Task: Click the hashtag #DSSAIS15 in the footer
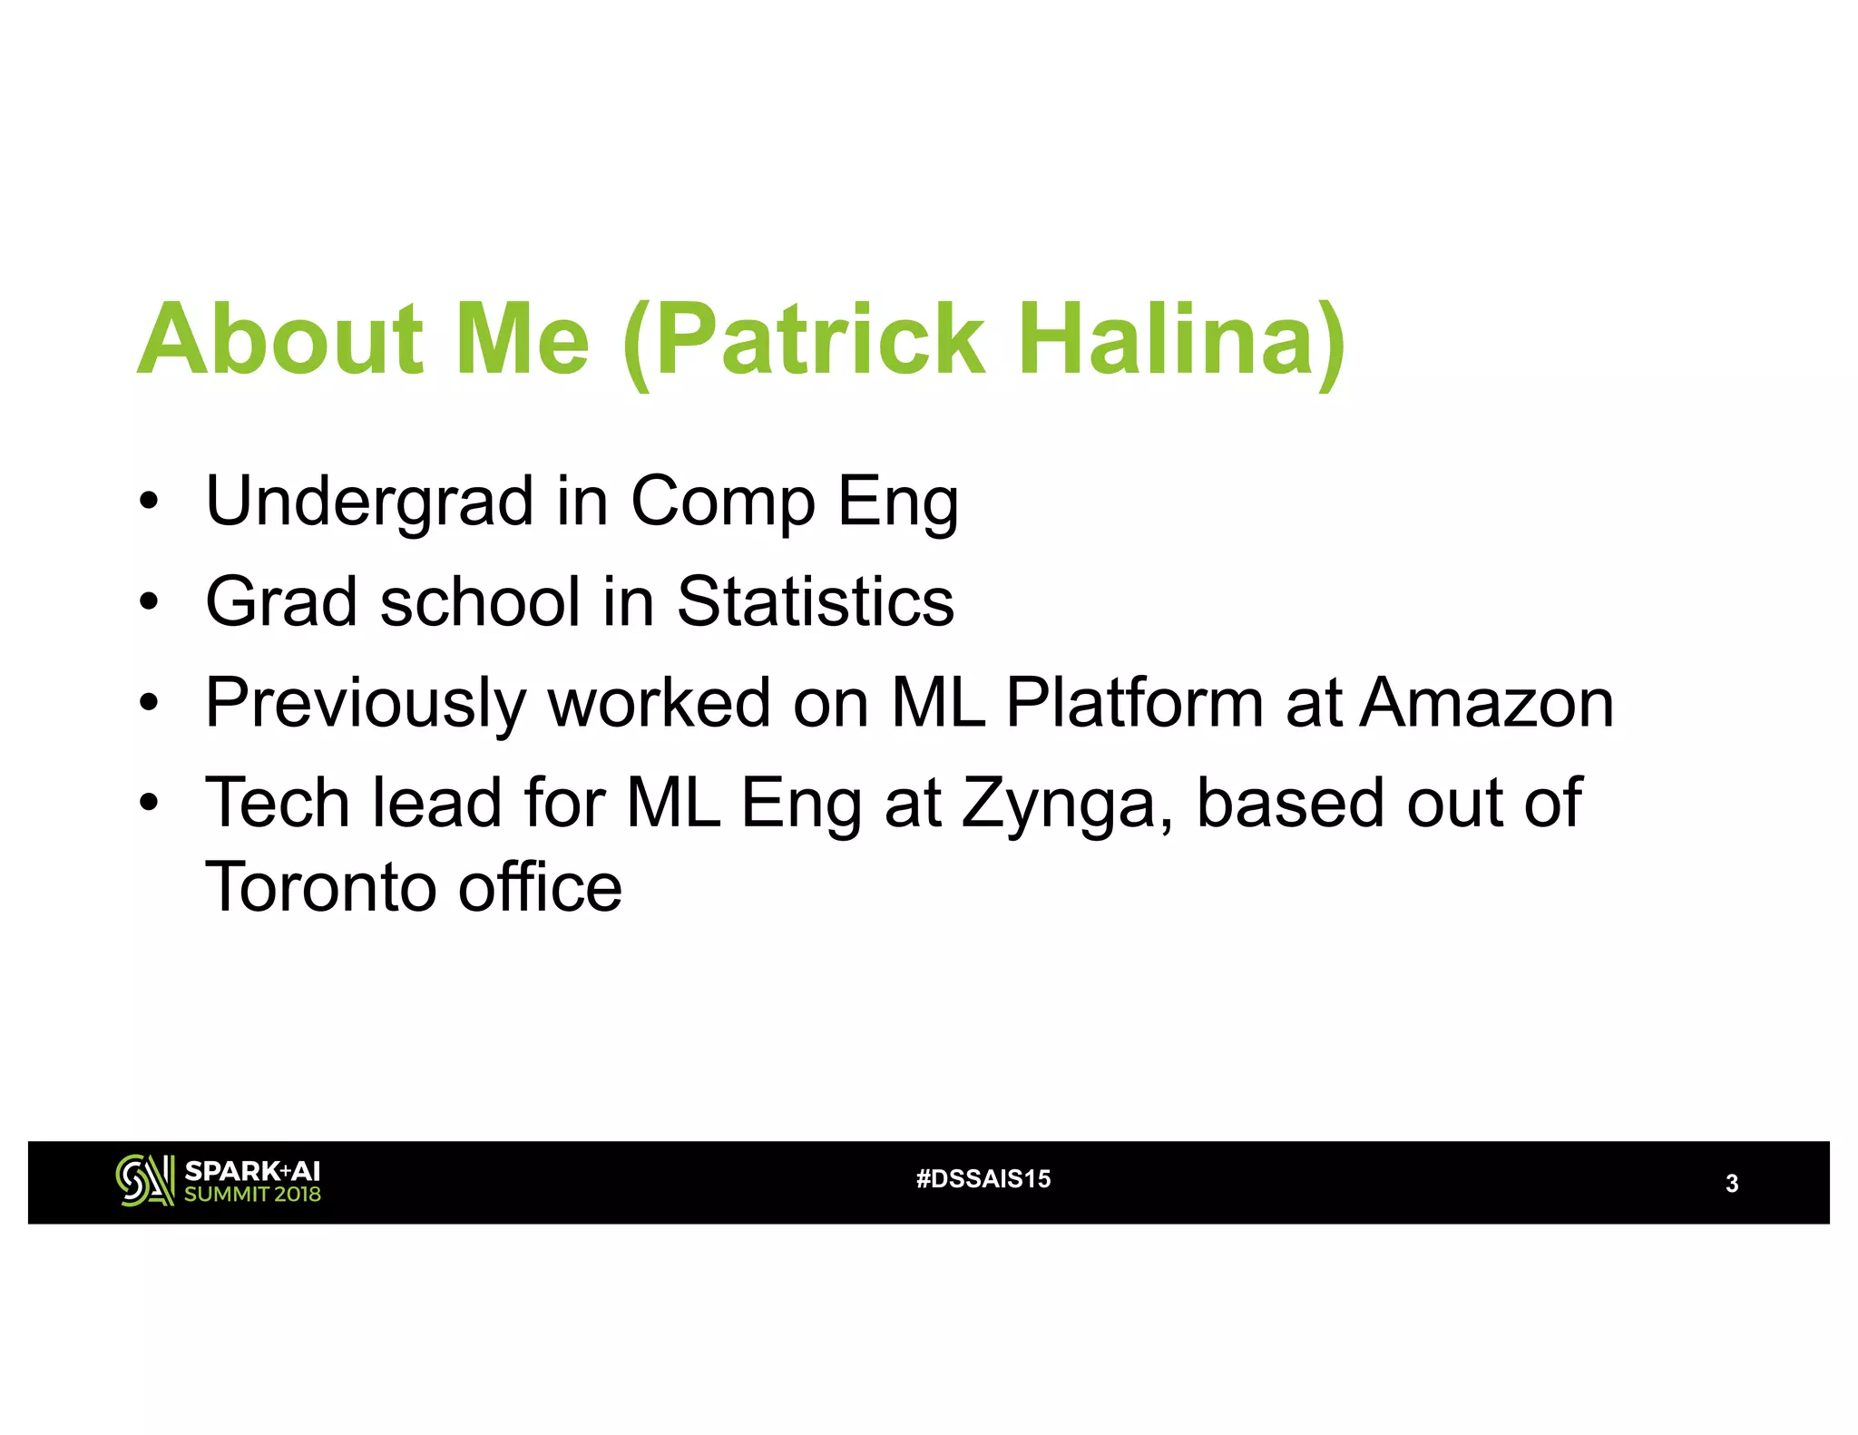(x=983, y=1179)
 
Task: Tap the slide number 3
(x=1731, y=1184)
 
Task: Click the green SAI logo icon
(x=144, y=1181)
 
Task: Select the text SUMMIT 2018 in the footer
(x=252, y=1195)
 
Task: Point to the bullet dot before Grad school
(x=149, y=601)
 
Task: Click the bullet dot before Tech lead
(x=149, y=803)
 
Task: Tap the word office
(x=540, y=887)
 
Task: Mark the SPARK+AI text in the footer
(x=252, y=1171)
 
